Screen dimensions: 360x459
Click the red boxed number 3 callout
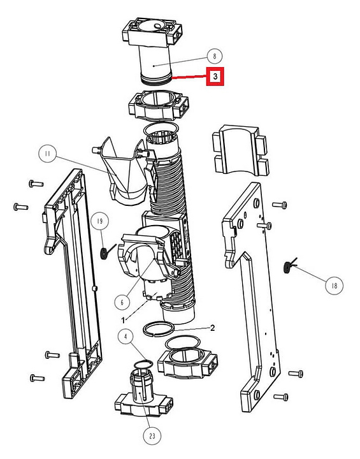[x=215, y=76]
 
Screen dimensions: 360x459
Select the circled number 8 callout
[x=215, y=55]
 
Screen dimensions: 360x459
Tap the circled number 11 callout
[x=48, y=154]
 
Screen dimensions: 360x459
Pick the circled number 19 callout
[x=99, y=221]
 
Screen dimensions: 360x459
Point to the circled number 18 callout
[x=335, y=286]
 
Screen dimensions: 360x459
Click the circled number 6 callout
[x=122, y=302]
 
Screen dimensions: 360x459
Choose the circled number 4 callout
[x=126, y=337]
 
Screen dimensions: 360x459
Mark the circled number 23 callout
[x=152, y=436]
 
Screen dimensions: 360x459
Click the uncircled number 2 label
[x=213, y=328]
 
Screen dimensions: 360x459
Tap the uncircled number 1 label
[x=123, y=320]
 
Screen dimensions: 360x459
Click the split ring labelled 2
[x=159, y=330]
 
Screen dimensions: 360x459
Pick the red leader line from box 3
[x=189, y=77]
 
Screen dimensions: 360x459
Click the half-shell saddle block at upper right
[x=241, y=150]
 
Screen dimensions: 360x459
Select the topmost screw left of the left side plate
[x=36, y=184]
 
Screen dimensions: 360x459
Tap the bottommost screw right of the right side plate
[x=281, y=397]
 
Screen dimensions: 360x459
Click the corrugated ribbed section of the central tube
[x=172, y=187]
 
